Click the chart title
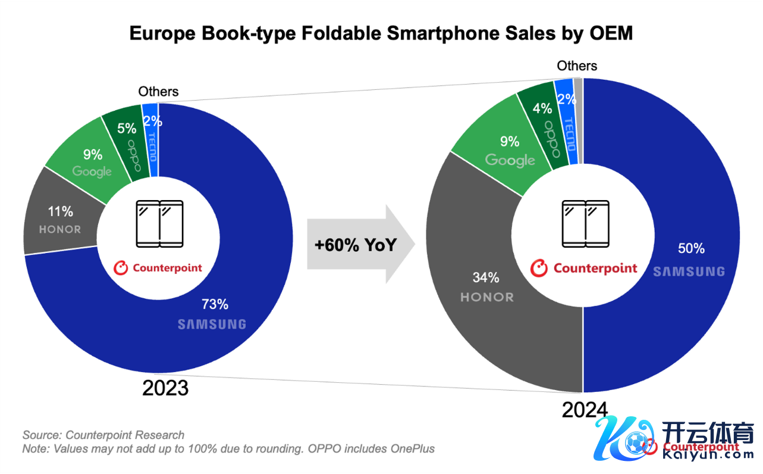[381, 34]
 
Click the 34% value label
[486, 277]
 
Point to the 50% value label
[691, 248]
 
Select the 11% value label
[60, 211]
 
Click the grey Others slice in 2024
[579, 119]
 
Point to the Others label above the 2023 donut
[158, 91]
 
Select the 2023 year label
[165, 388]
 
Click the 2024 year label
[585, 410]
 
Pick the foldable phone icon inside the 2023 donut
[159, 224]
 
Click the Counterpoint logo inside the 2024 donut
[583, 269]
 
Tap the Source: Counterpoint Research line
[103, 435]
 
